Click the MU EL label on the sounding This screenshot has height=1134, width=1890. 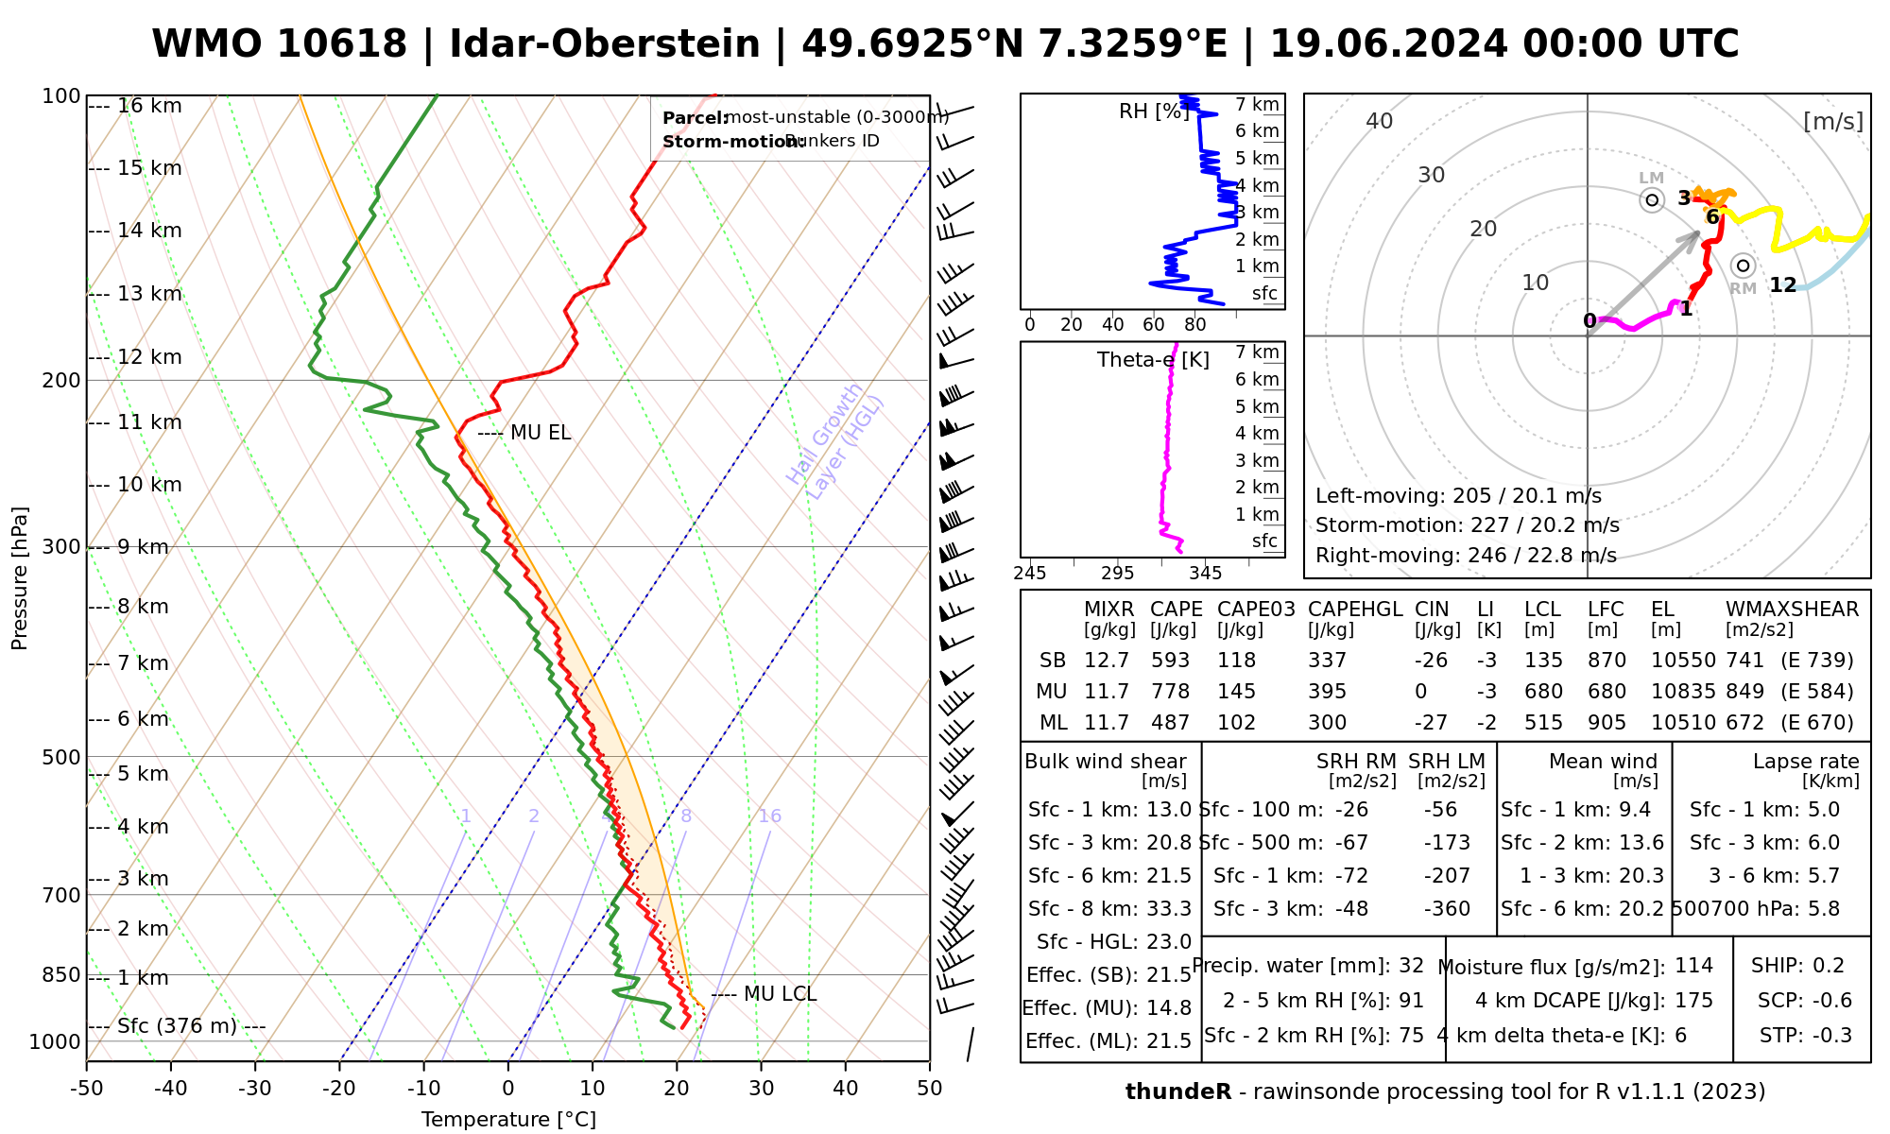pyautogui.click(x=540, y=433)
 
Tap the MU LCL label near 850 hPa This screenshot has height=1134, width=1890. pyautogui.click(x=780, y=994)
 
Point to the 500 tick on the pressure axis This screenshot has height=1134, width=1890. pyautogui.click(x=61, y=758)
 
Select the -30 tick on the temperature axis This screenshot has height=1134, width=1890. pyautogui.click(x=255, y=1089)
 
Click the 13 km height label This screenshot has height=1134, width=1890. pyautogui.click(x=149, y=294)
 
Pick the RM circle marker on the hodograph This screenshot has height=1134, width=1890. pyautogui.click(x=1744, y=266)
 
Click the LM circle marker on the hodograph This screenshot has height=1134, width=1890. pyautogui.click(x=1652, y=200)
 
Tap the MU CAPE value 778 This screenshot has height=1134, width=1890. pyautogui.click(x=1170, y=692)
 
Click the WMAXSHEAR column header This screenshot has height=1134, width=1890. pyautogui.click(x=1792, y=610)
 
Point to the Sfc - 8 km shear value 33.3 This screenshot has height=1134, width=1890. pyautogui.click(x=1169, y=909)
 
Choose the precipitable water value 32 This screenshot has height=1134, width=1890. pyautogui.click(x=1411, y=966)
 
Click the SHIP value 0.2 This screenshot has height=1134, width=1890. pyautogui.click(x=1829, y=966)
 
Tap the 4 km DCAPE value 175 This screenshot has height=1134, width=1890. pyautogui.click(x=1693, y=1001)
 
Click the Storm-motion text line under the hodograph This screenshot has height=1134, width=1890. pyautogui.click(x=1467, y=525)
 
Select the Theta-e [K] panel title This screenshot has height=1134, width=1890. pyautogui.click(x=1153, y=360)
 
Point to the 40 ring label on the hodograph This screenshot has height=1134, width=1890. pyautogui.click(x=1380, y=121)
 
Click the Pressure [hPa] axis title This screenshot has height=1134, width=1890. pyautogui.click(x=20, y=578)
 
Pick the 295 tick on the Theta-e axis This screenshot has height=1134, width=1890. pyautogui.click(x=1117, y=574)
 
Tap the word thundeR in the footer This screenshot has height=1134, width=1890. pyautogui.click(x=1177, y=1092)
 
